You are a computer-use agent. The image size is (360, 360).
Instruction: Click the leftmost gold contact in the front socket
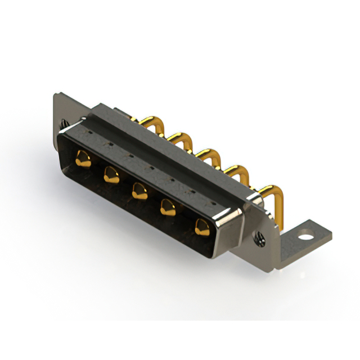point(83,159)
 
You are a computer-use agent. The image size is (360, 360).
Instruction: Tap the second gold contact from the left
point(109,176)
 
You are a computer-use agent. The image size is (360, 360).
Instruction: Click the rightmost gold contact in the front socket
point(200,227)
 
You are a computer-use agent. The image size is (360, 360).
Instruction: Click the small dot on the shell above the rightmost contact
point(213,200)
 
